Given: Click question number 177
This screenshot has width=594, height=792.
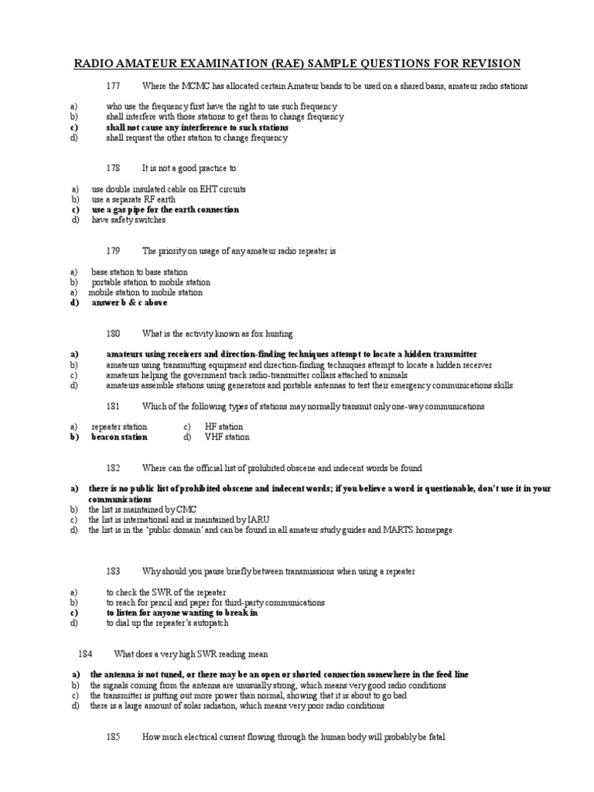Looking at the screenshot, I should click(x=114, y=85).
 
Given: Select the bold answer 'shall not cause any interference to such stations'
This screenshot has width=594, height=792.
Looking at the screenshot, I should click(x=197, y=127).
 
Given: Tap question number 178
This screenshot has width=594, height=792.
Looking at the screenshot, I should click(x=114, y=168).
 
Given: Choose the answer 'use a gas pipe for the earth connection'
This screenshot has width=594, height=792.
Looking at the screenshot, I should click(x=165, y=210).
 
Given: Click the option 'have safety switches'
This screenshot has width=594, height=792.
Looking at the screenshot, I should click(x=128, y=220).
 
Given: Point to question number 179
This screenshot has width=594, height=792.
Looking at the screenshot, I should click(x=114, y=251).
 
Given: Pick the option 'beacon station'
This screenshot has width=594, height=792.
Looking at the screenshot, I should click(x=119, y=437).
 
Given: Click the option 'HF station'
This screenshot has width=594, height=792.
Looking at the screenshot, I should click(x=224, y=427).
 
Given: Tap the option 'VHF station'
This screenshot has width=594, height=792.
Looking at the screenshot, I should click(x=227, y=437).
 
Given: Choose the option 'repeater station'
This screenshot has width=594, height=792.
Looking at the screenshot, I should click(x=119, y=427).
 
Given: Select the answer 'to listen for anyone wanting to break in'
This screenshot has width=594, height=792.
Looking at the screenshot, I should click(x=182, y=613).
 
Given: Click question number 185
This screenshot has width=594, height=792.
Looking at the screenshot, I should click(x=114, y=737).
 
